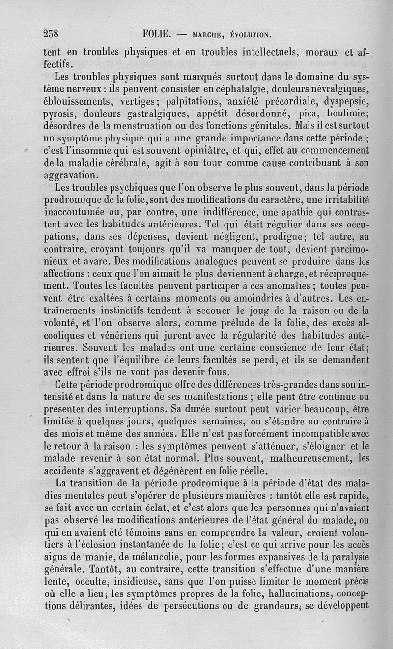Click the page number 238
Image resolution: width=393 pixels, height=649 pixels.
pos(51,34)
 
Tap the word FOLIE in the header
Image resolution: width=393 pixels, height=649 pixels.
pos(157,34)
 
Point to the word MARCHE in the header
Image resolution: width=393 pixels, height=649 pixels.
pos(206,35)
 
